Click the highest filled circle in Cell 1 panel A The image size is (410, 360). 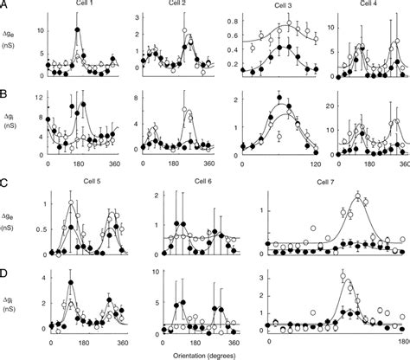point(79,30)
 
